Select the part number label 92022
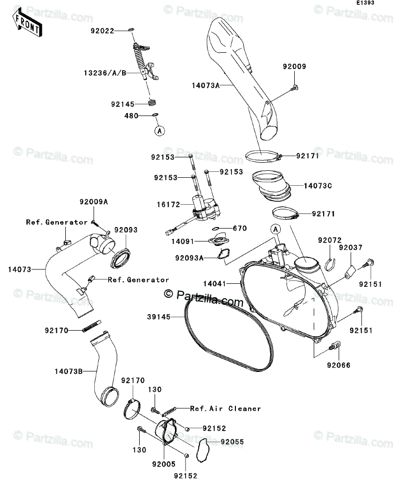[102, 30]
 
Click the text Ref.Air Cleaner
[225, 408]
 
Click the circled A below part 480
[158, 131]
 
